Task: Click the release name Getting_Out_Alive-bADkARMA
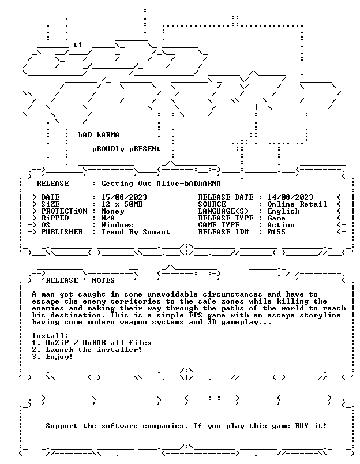point(161,184)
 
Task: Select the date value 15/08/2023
point(124,197)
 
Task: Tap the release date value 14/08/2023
point(290,197)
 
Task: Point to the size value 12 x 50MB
point(122,204)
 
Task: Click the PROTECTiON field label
point(64,211)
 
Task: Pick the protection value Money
point(112,211)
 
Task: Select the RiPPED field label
point(55,218)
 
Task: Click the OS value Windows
point(117,225)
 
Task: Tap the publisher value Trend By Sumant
point(136,232)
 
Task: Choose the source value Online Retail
point(297,204)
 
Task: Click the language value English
point(283,211)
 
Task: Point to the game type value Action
point(281,225)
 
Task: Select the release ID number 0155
point(276,231)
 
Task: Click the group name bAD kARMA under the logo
point(99,135)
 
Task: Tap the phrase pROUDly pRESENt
point(126,149)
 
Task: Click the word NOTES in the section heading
point(103,280)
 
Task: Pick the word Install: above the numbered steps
point(50,336)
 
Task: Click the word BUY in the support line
point(302,426)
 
